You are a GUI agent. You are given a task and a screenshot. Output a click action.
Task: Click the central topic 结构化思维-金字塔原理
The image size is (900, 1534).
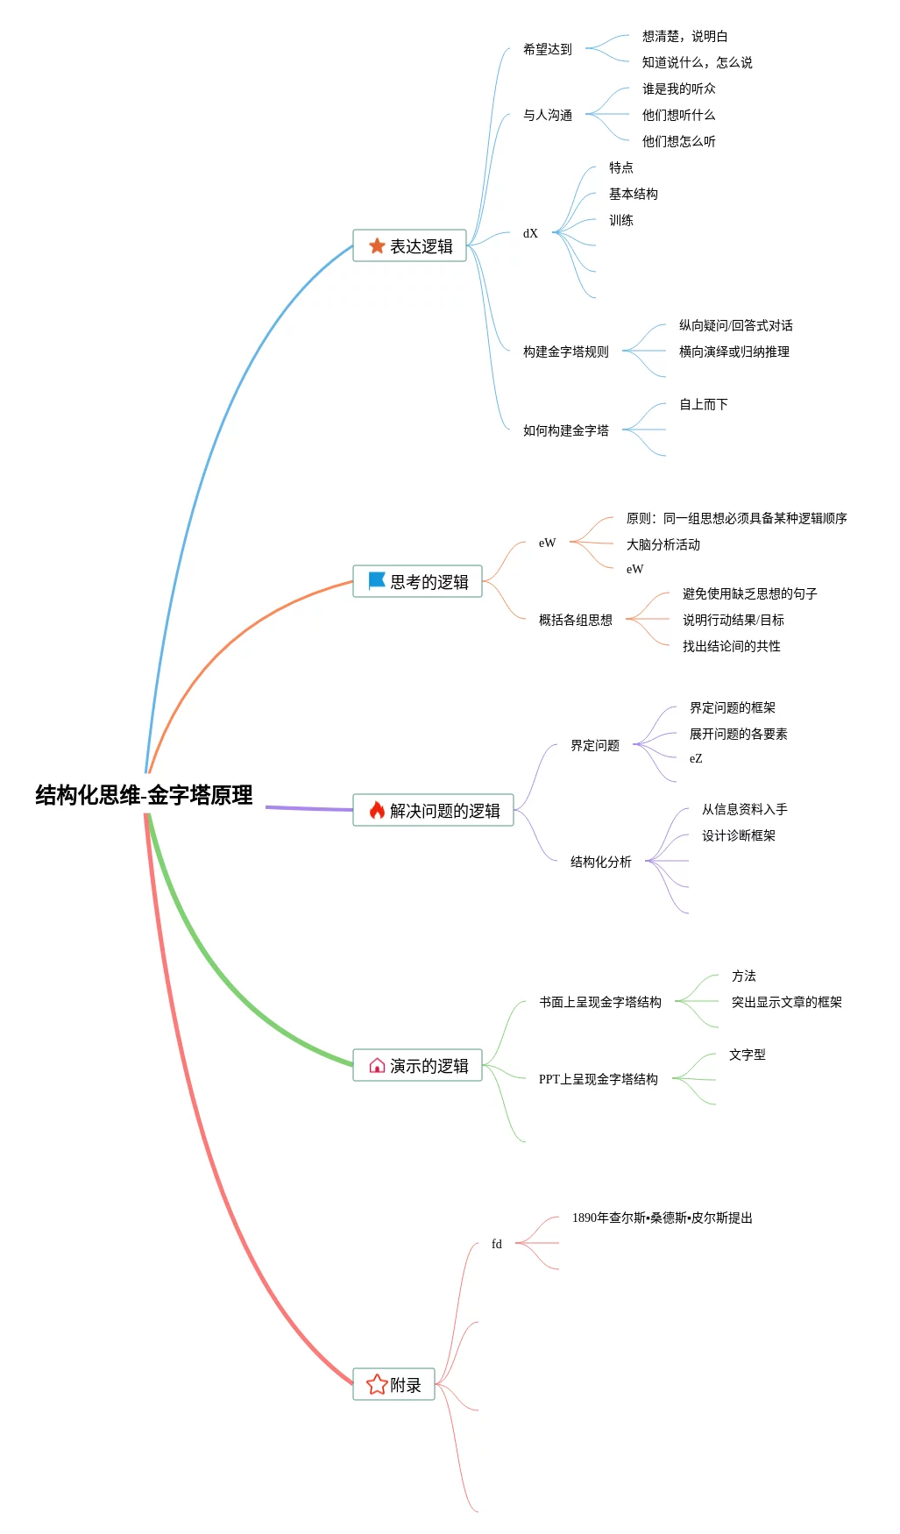click(x=144, y=795)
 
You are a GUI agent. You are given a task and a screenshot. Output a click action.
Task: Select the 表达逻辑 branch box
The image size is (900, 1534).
click(x=409, y=246)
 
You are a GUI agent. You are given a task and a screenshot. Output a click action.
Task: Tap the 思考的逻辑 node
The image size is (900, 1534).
click(x=417, y=582)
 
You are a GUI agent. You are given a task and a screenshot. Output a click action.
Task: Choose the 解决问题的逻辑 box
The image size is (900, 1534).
click(x=433, y=811)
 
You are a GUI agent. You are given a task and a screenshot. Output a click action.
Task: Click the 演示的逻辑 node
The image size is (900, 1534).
click(x=417, y=1066)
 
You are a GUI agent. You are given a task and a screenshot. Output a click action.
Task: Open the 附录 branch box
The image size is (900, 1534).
click(x=393, y=1385)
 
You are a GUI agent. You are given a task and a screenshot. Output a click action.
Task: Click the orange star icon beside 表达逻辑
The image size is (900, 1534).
click(x=377, y=246)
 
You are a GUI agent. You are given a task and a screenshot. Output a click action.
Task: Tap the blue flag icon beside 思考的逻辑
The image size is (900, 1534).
click(x=377, y=581)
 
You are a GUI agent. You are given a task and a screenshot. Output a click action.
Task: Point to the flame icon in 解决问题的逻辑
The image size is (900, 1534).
click(x=377, y=810)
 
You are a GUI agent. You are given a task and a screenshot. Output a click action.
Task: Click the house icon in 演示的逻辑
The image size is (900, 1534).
click(x=377, y=1066)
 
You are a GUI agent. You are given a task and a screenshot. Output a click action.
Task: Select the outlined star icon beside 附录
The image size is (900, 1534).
click(x=377, y=1385)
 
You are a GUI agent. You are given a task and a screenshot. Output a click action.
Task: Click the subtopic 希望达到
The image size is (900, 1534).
click(x=547, y=50)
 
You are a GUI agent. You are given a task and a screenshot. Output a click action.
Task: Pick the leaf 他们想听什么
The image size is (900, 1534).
click(x=678, y=116)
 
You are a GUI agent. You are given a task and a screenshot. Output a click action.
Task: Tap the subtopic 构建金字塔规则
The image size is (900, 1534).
click(x=565, y=352)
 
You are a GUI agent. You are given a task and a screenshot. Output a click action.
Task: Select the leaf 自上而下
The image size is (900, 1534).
click(x=703, y=405)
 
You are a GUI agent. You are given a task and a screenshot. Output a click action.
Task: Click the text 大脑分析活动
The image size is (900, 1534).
click(x=663, y=545)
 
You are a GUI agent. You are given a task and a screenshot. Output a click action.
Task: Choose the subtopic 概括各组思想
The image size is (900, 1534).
click(x=575, y=621)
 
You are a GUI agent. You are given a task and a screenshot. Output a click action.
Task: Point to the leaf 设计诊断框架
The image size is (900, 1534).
click(x=738, y=836)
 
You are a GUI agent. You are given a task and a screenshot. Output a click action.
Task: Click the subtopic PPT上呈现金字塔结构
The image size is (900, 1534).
click(x=598, y=1080)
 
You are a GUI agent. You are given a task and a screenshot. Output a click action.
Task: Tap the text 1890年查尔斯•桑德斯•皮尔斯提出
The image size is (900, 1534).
click(x=662, y=1218)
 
